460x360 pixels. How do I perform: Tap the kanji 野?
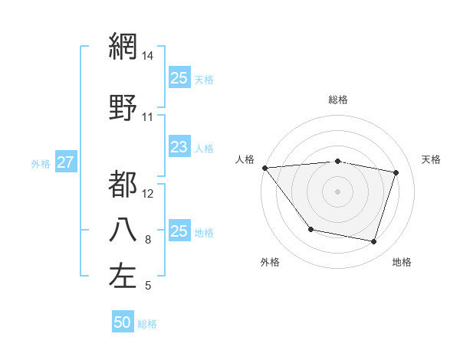coord(123,107)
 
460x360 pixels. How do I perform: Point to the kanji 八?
coord(123,231)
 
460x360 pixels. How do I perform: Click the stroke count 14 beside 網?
coord(148,56)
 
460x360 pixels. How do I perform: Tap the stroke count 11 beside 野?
coord(148,117)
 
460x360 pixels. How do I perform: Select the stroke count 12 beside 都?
coord(148,193)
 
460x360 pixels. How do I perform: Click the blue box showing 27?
coord(65,162)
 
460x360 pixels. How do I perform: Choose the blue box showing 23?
coord(179,147)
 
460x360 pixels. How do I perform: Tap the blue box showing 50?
coord(123,322)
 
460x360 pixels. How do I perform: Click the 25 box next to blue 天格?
coord(179,78)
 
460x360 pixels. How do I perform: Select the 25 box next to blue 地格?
coord(179,231)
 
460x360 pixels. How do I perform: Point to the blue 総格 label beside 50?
coord(147,324)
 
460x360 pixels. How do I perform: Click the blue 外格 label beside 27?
coord(41,163)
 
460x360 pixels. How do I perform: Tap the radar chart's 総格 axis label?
coord(337,100)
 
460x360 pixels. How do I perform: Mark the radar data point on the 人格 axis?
coord(264,168)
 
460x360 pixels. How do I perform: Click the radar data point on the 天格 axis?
coord(396,172)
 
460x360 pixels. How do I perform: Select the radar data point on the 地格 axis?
coord(373,242)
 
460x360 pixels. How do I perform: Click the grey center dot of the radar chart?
coord(337,191)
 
